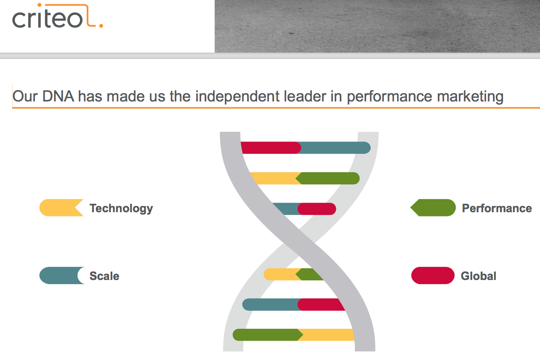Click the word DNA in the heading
(58, 96)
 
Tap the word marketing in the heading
(470, 97)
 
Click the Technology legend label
(121, 208)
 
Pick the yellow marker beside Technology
(61, 208)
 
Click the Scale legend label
(104, 276)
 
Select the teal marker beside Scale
(62, 275)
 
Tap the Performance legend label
(497, 208)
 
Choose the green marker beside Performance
(433, 208)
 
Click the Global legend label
(479, 276)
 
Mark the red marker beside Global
(433, 275)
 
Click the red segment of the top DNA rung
(271, 147)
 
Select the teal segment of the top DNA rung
(335, 147)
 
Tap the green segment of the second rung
(327, 178)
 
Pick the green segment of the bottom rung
(268, 335)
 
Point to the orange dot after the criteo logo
(101, 26)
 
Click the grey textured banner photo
(377, 26)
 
